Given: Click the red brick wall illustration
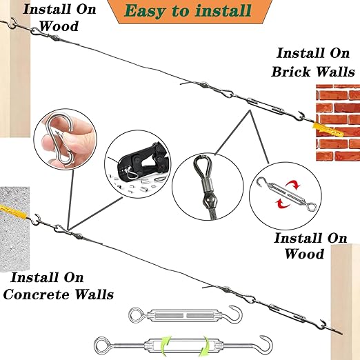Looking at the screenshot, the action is pyautogui.click(x=338, y=123).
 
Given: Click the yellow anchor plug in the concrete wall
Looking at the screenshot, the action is pyautogui.click(x=14, y=212).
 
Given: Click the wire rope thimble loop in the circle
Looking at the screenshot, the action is pyautogui.click(x=202, y=166).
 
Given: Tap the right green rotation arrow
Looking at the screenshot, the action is pyautogui.click(x=206, y=347).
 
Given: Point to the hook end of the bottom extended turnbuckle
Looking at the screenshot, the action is pyautogui.click(x=267, y=342).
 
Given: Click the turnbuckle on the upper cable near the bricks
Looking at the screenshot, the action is pyautogui.click(x=264, y=106).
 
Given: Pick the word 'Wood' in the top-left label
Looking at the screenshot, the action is pyautogui.click(x=59, y=26).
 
